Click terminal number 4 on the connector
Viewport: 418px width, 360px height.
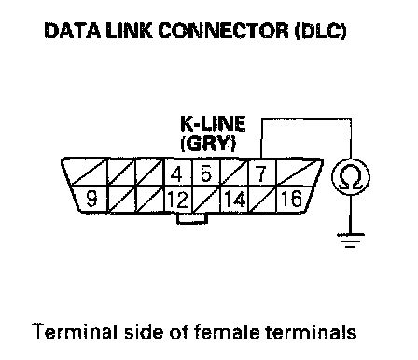pos(176,174)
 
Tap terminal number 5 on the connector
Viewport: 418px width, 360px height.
pos(206,173)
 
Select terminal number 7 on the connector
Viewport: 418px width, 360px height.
pos(260,173)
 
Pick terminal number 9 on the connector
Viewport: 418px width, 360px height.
pos(91,199)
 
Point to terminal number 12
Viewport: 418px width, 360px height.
pos(178,200)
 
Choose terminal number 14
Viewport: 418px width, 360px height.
pos(234,199)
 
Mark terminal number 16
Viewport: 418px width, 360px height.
pos(291,198)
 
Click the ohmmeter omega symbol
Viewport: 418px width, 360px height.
pos(351,177)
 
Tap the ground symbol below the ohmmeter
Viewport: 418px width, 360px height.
pos(351,241)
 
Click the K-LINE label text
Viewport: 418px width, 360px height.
pos(213,124)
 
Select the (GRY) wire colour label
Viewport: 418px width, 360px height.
pos(208,144)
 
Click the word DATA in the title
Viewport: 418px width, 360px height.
pos(73,31)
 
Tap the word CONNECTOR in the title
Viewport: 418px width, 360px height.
pos(224,31)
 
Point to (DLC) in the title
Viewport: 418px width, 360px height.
pos(320,31)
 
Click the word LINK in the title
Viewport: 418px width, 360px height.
pos(129,31)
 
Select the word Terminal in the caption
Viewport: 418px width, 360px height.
pos(75,331)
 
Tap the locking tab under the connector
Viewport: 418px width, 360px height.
pos(192,218)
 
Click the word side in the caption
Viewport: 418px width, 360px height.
pos(144,331)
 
